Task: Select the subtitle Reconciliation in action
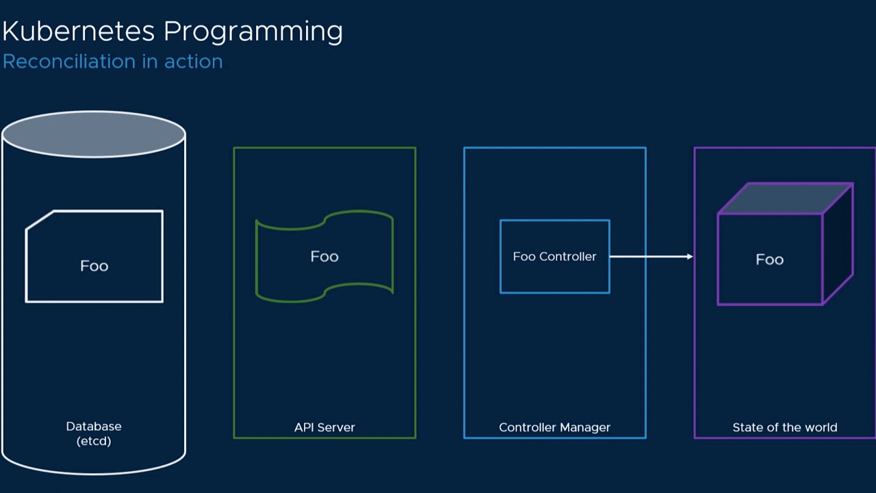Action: [113, 62]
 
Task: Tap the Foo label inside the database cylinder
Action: [94, 266]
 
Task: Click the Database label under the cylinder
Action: [94, 426]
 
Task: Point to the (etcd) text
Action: [94, 441]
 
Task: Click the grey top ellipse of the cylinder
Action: [94, 134]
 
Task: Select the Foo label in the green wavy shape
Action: [324, 256]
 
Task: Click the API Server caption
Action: [324, 427]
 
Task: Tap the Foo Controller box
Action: [554, 256]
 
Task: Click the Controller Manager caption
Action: [554, 427]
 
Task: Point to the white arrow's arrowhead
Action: [689, 257]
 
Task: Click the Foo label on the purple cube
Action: [769, 260]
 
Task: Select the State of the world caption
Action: [784, 427]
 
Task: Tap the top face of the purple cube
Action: [785, 199]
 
